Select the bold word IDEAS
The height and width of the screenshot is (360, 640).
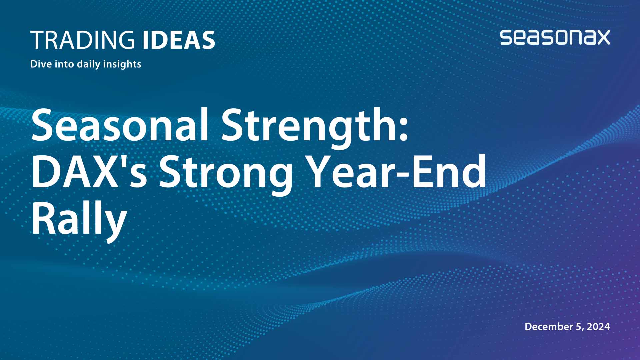coord(179,40)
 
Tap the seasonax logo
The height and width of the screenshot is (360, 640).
coord(555,37)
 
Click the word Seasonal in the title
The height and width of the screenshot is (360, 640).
coord(120,125)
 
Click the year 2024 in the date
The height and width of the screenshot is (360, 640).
coord(598,326)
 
